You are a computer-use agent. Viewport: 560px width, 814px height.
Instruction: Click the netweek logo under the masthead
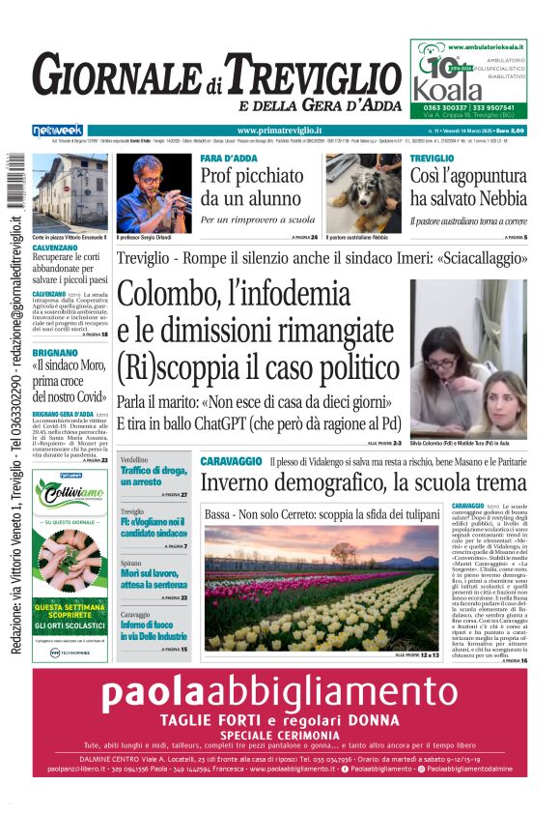(x=57, y=130)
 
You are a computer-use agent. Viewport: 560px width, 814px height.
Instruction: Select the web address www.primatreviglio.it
(x=279, y=130)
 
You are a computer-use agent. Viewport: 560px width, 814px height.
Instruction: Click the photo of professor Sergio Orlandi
(x=154, y=192)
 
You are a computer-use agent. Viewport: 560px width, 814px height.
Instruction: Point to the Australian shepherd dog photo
(x=362, y=192)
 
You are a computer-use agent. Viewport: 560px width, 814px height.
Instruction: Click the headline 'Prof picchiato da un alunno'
(x=253, y=188)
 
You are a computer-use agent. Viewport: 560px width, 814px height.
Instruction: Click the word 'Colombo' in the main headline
(x=169, y=292)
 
